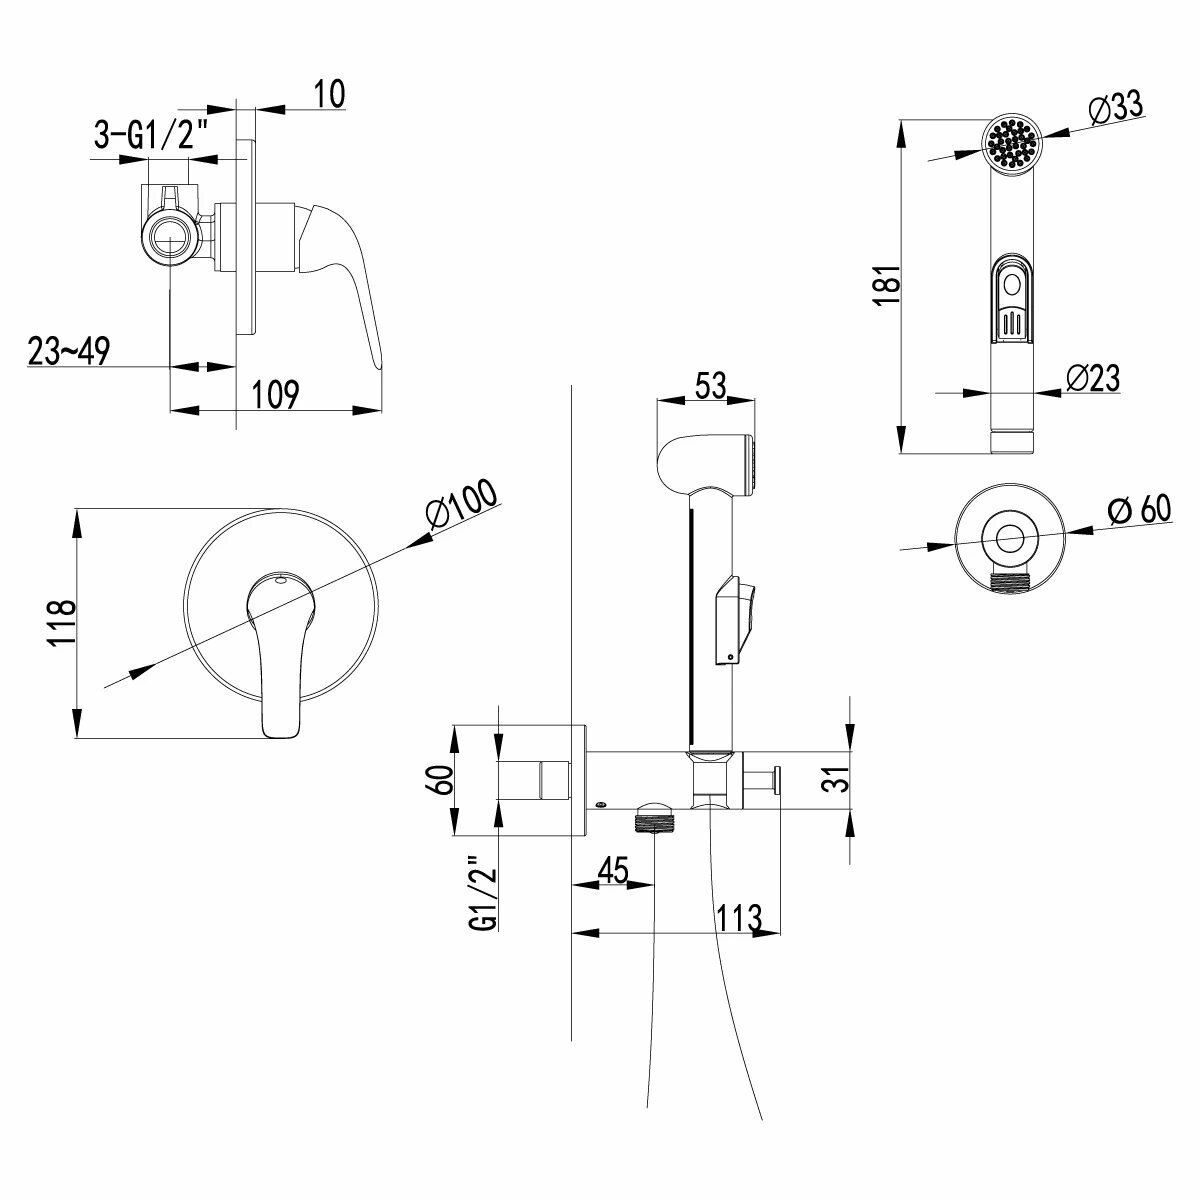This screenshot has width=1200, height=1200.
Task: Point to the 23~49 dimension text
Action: click(x=68, y=351)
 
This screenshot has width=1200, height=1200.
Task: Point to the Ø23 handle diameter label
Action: click(x=1092, y=378)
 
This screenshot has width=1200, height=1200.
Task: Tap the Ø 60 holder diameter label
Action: click(x=1139, y=509)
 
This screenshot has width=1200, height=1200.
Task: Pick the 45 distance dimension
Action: click(x=611, y=870)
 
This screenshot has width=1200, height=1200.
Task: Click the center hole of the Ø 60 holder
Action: click(x=1014, y=537)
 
